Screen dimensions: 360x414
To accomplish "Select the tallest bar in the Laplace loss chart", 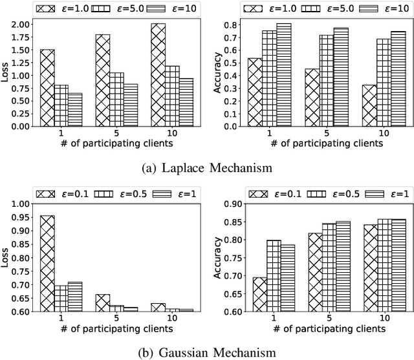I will [158, 75].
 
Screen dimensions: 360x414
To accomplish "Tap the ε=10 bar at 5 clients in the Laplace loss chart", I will [131, 105].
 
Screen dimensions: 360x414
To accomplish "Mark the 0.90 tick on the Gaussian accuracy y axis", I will [230, 204].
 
